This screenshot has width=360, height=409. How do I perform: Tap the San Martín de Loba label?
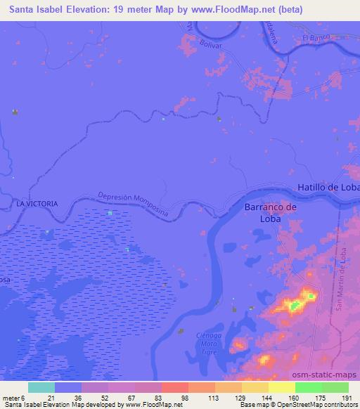tap(345, 285)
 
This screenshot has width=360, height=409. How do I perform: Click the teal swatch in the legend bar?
tap(41, 387)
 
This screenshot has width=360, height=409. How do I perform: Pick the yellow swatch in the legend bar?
tap(281, 387)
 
